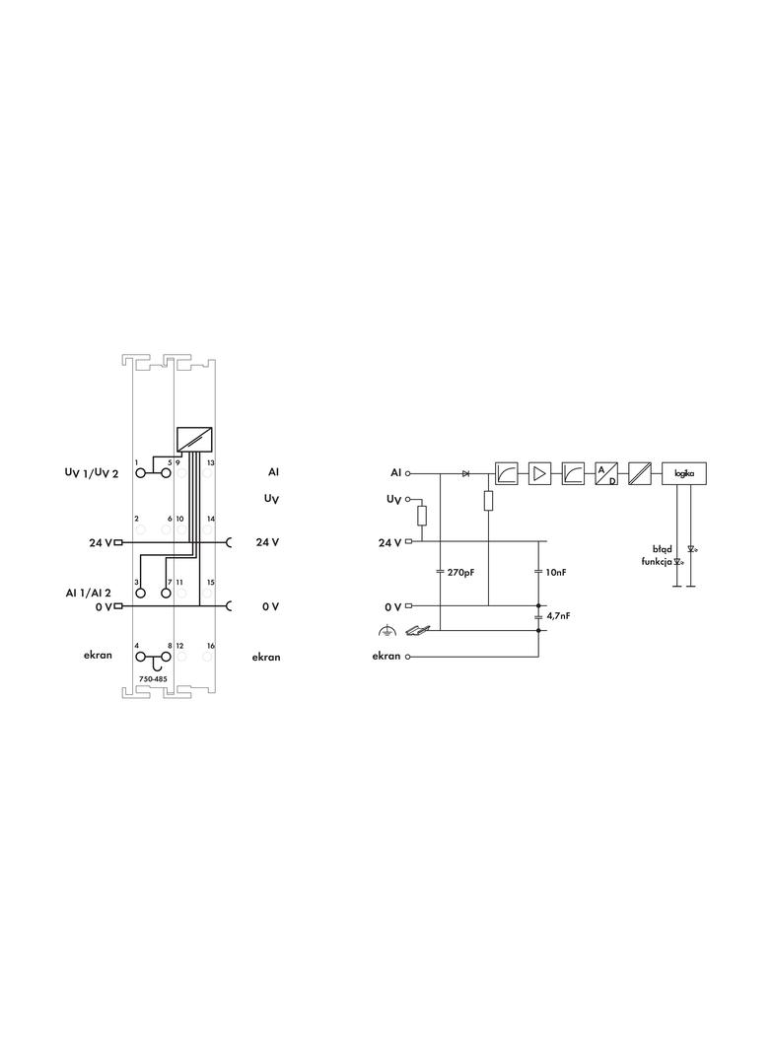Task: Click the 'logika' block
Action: pos(684,473)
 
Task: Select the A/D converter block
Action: pos(606,474)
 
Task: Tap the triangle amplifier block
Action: pos(539,474)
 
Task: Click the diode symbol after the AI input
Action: pos(465,474)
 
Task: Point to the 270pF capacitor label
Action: pos(460,573)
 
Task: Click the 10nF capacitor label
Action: pos(556,573)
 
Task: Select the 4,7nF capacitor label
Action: pos(558,615)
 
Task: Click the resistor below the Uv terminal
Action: pos(422,516)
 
